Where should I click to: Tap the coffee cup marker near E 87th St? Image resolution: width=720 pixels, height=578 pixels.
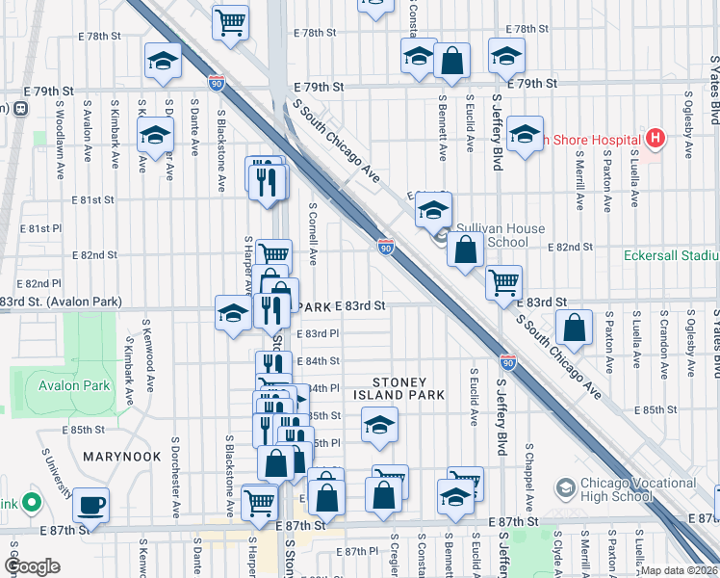(90, 504)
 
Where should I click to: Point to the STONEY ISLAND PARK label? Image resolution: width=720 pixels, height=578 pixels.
(399, 387)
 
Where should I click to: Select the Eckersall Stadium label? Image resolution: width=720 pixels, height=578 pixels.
(671, 255)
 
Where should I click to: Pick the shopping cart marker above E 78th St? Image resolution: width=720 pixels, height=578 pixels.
(231, 21)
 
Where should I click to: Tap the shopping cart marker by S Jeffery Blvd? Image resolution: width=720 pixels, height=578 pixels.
(503, 282)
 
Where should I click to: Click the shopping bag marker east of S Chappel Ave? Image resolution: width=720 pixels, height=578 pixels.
(574, 327)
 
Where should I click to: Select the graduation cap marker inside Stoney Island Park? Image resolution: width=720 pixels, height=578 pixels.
(379, 425)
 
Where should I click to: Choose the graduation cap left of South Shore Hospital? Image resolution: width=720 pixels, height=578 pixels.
(525, 135)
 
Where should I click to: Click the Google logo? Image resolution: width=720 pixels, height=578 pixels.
(32, 566)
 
